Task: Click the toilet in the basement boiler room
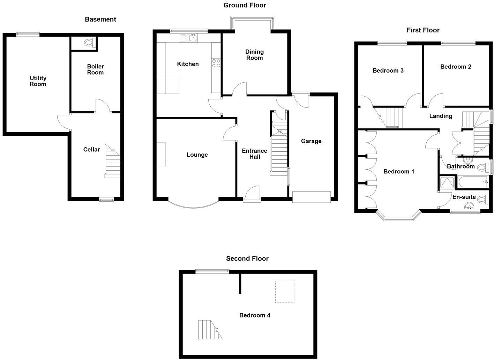tap(89, 43)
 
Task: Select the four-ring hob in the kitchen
tap(216, 63)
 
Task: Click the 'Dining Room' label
tap(254, 55)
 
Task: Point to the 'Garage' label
tap(311, 141)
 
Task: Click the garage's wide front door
tap(311, 197)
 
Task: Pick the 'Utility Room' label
tap(38, 81)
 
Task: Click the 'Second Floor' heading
tap(247, 258)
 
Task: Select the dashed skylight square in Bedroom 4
tap(285, 292)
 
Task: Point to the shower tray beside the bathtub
tap(447, 183)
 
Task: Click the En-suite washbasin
tap(470, 206)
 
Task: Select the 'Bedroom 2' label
tap(455, 67)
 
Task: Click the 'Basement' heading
tap(100, 19)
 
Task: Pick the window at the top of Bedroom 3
tap(392, 43)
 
